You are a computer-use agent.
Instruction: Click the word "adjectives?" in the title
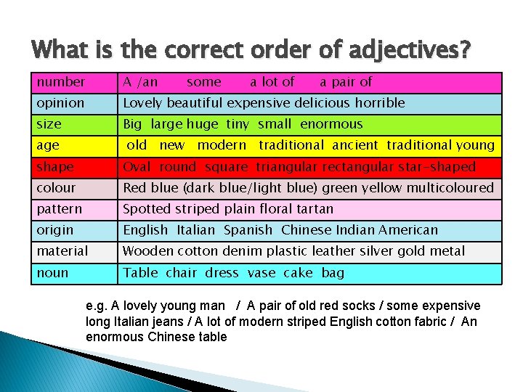point(410,50)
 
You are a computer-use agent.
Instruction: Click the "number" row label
point(61,82)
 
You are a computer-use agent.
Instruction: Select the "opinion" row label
point(60,103)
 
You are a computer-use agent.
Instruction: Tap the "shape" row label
point(55,167)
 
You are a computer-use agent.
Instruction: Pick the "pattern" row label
point(60,209)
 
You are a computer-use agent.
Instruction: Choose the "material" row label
point(62,251)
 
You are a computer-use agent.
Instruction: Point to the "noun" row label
point(52,273)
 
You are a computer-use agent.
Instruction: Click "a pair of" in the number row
point(346,82)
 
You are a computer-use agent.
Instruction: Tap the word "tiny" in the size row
point(238,124)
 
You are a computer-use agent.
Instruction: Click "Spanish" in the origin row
point(248,230)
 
